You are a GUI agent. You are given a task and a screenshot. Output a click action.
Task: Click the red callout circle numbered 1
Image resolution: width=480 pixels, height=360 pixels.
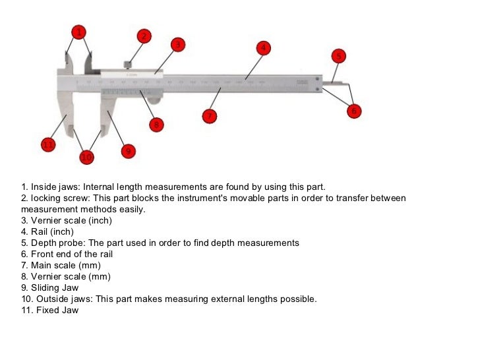(x=78, y=32)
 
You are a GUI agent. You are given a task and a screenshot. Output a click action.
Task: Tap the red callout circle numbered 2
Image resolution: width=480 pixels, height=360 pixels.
(x=144, y=36)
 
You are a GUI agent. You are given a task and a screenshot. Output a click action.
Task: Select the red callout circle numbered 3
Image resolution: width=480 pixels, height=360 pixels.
(x=177, y=45)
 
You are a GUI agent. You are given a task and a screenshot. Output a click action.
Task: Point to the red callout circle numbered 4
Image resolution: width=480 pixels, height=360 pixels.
(x=262, y=47)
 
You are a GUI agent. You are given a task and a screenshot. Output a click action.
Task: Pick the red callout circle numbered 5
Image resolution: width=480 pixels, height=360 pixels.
(x=338, y=56)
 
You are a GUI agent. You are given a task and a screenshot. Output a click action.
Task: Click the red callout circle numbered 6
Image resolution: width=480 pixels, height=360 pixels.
(x=354, y=111)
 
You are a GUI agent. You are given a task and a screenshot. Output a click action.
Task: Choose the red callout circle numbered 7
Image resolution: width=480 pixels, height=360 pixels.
(x=209, y=116)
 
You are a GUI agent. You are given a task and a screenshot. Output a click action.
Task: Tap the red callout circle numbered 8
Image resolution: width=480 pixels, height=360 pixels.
(x=156, y=123)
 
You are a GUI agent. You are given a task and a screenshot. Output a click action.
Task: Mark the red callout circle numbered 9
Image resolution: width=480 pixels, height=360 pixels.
(x=128, y=151)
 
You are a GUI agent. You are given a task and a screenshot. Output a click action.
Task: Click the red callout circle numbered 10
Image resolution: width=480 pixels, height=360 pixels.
(x=87, y=157)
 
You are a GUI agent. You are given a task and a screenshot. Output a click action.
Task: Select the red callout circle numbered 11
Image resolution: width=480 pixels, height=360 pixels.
(x=48, y=144)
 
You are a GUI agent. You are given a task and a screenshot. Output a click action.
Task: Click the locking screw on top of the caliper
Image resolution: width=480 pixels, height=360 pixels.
(x=129, y=65)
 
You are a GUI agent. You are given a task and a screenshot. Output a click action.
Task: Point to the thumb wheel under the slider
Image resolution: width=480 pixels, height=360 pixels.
(x=154, y=100)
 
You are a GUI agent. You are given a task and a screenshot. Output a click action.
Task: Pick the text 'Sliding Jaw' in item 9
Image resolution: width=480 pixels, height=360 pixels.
(x=55, y=287)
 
